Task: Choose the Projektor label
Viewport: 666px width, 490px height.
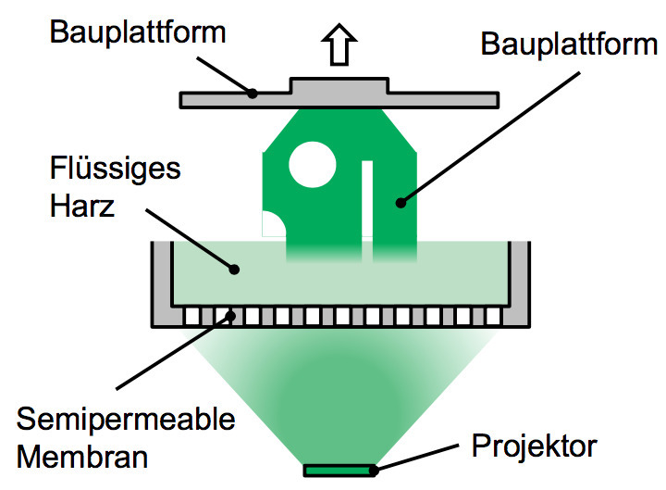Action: click(534, 447)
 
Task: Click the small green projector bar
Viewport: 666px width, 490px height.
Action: click(339, 471)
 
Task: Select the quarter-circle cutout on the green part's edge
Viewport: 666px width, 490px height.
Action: click(273, 225)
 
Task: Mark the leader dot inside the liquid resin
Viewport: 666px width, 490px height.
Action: click(237, 270)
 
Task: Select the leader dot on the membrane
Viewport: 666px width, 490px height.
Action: click(228, 316)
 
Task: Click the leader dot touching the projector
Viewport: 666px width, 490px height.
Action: click(376, 470)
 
